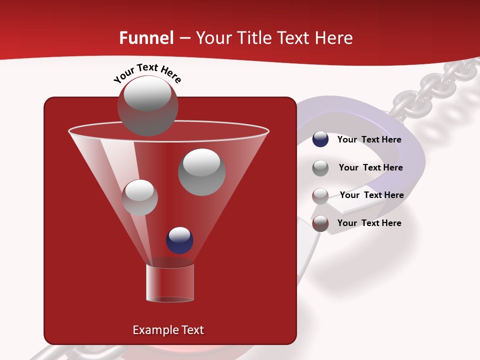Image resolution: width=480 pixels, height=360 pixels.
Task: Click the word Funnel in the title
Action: pyautogui.click(x=146, y=38)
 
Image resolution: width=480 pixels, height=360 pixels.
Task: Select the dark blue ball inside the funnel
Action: pyautogui.click(x=179, y=240)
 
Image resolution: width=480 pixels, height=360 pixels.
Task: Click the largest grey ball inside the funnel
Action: pyautogui.click(x=201, y=172)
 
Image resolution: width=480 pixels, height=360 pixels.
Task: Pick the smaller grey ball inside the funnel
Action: pyautogui.click(x=139, y=197)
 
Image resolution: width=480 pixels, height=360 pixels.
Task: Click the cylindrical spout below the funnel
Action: pyautogui.click(x=170, y=283)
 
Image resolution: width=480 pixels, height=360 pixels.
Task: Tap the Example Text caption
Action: pyautogui.click(x=168, y=330)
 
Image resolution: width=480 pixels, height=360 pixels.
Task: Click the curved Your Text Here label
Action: pyautogui.click(x=147, y=73)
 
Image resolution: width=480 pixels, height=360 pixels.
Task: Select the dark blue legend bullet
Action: pyautogui.click(x=320, y=139)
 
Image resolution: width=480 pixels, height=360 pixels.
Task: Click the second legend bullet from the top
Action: pyautogui.click(x=320, y=168)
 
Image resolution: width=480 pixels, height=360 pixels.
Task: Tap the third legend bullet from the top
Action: pyautogui.click(x=320, y=196)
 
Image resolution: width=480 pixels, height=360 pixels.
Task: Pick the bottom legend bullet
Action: pyautogui.click(x=320, y=223)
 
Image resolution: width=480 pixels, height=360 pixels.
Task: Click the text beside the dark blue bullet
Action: pyautogui.click(x=369, y=140)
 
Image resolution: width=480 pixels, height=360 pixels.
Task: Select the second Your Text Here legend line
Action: pyautogui.click(x=370, y=168)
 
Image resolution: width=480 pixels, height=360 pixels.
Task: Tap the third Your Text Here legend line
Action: pyautogui.click(x=371, y=195)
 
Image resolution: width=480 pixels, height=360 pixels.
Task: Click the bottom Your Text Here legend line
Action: pyautogui.click(x=369, y=223)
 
